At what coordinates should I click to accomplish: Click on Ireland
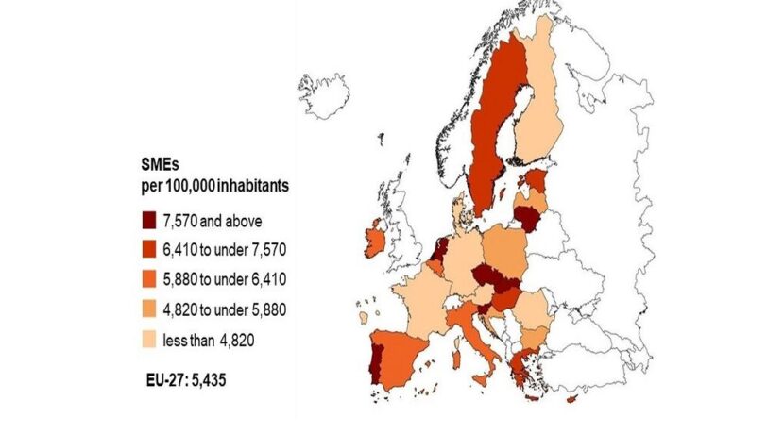(x=373, y=241)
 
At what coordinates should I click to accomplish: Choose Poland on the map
(x=511, y=251)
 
